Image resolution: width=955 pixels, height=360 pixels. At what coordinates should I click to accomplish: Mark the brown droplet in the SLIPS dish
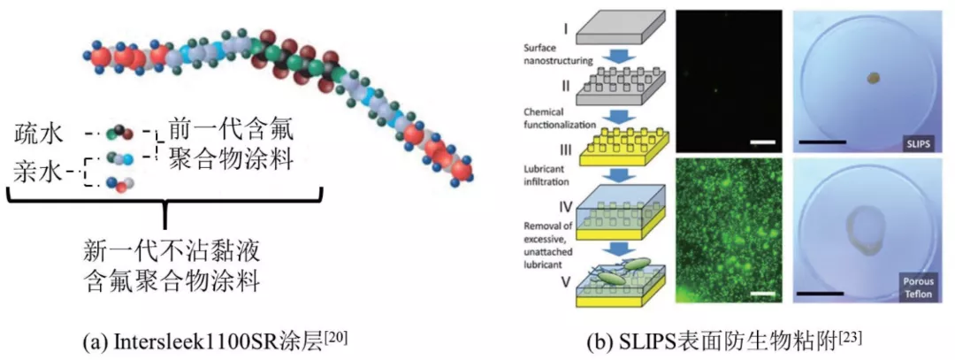pos(872,79)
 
